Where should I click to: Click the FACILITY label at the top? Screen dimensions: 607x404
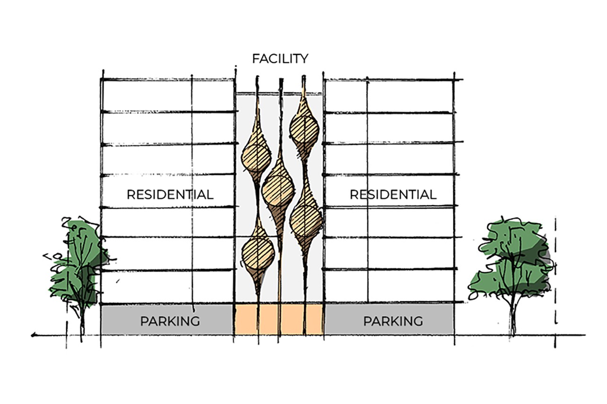(280, 59)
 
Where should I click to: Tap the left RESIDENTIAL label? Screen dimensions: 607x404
(170, 194)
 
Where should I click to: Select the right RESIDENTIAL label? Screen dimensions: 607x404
(393, 194)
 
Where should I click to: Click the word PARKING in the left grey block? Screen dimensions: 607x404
(170, 321)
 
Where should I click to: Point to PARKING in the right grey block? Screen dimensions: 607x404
(393, 321)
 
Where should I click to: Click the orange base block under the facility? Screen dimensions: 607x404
(279, 320)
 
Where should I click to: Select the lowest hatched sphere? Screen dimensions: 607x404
(258, 252)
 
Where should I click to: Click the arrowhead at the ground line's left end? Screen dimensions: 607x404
(33, 336)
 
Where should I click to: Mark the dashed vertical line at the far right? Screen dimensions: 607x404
(555, 283)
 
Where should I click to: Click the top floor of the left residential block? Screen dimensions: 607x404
(168, 95)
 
